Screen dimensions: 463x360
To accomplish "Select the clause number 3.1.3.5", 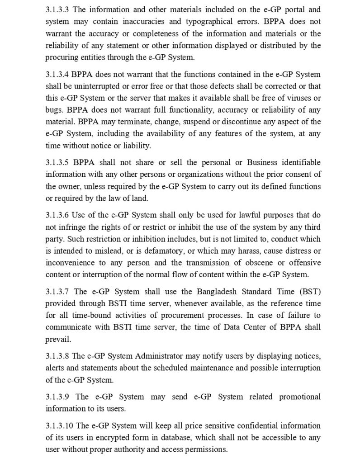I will (x=57, y=162).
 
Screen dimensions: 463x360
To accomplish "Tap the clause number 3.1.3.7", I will (x=57, y=291).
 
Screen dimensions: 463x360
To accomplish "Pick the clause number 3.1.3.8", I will (x=57, y=356).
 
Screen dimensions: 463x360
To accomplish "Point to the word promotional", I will (x=300, y=397).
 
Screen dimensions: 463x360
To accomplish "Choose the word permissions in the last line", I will (x=204, y=449).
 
